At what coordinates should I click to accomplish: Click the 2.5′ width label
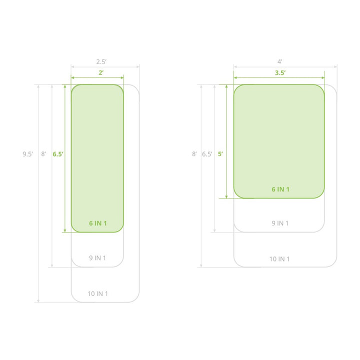pos(101,62)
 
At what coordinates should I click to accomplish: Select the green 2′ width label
pos(101,72)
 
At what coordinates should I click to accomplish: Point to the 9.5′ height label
pos(28,154)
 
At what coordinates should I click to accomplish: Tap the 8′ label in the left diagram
pos(43,154)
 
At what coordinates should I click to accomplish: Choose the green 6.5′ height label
pos(58,154)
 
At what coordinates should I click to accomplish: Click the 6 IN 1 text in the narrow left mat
pos(98,223)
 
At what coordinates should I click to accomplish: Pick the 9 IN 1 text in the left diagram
pos(97,258)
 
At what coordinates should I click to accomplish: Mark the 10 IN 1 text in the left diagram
pos(98,293)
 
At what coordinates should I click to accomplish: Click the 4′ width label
pos(279,62)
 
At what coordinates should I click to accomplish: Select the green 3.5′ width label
pos(280,73)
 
